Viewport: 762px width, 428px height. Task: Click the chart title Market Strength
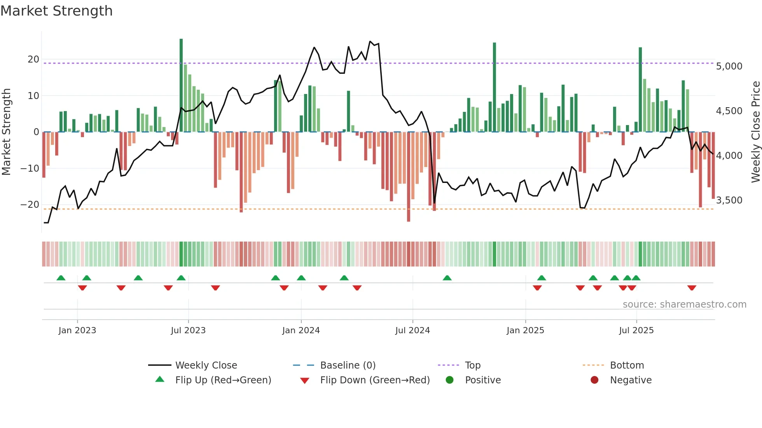(x=56, y=11)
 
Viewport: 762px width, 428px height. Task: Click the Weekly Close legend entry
(x=206, y=365)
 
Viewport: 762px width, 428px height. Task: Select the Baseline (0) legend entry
(x=348, y=365)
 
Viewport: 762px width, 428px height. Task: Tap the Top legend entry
(x=472, y=365)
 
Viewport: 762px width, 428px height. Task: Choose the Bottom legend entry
(x=627, y=365)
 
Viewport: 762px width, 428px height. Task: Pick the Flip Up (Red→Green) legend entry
(x=223, y=380)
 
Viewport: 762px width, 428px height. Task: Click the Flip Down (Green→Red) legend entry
(x=375, y=380)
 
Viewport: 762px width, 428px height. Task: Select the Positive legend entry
(x=482, y=380)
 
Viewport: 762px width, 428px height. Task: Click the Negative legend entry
(x=631, y=380)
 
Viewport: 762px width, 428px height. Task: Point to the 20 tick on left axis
(x=33, y=59)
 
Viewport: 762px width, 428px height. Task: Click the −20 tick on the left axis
(x=30, y=205)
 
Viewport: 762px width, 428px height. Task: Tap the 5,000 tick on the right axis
(x=729, y=66)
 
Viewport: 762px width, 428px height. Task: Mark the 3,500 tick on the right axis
(x=729, y=200)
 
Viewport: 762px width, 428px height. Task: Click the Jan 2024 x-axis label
(x=301, y=331)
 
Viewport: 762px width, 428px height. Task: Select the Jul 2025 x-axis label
(x=636, y=331)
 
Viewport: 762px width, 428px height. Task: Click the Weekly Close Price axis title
(x=755, y=132)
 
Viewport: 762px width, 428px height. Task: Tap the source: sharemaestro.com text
(x=684, y=304)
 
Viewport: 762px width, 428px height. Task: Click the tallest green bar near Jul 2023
(x=181, y=85)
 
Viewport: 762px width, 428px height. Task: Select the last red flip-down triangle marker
(x=692, y=288)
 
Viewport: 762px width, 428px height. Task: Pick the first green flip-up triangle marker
(x=61, y=278)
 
